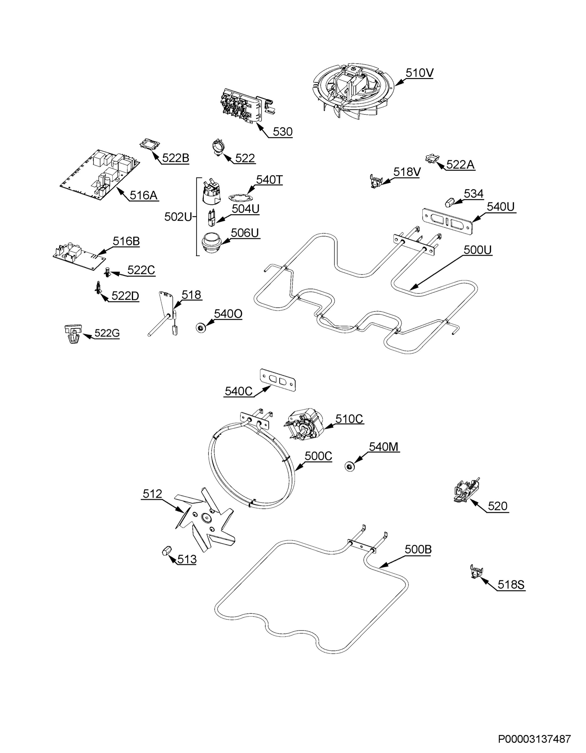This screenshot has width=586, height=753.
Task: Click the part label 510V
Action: (x=419, y=73)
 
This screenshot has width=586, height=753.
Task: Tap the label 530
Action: (x=283, y=132)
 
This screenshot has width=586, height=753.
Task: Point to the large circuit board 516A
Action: (x=100, y=174)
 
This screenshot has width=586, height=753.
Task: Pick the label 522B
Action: (x=176, y=158)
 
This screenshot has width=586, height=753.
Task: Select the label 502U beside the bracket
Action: (x=178, y=217)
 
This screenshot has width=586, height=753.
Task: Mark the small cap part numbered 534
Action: (x=449, y=202)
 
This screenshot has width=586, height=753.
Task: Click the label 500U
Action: (x=478, y=250)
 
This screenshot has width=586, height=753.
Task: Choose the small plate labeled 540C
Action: (x=278, y=380)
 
